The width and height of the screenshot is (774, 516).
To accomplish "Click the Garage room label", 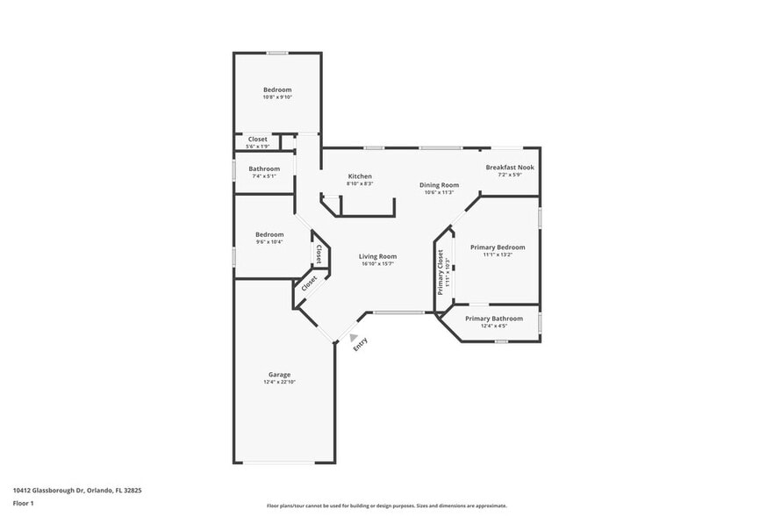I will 279,375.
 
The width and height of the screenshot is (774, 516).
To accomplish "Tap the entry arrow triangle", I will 354,336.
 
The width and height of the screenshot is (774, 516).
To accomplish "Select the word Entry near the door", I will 361,345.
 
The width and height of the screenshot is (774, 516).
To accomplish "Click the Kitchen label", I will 360,176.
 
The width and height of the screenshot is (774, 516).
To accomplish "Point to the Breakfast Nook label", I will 510,167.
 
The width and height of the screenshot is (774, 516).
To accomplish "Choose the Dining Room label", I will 439,185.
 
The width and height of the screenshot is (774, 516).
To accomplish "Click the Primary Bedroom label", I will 498,247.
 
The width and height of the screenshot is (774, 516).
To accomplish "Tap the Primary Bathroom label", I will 494,319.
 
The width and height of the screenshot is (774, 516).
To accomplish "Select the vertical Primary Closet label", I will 441,271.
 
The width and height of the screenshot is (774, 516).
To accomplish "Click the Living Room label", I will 377,256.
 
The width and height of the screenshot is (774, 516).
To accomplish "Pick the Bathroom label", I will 264,168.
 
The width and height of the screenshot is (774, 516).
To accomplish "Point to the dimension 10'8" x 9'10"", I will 277,97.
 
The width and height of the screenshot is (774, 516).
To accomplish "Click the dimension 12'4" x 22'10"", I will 279,383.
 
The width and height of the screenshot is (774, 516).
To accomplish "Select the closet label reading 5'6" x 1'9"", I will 258,146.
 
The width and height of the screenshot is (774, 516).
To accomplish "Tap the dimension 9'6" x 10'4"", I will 269,242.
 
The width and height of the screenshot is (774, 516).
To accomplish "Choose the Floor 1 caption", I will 23,503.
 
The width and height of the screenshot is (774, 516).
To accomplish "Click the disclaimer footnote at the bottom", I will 386,505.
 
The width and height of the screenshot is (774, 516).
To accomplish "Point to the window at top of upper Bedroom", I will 277,54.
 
